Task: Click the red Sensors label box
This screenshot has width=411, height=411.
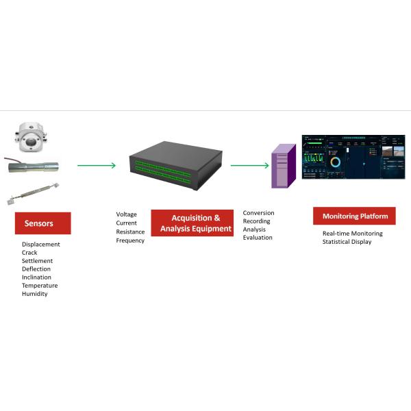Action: click(x=42, y=223)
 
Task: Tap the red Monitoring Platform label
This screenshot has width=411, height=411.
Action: click(x=354, y=216)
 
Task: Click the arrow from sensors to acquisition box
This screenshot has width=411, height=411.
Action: click(x=96, y=165)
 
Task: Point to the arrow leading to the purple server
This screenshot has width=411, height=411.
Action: click(x=249, y=165)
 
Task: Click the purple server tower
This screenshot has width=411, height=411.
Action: click(x=283, y=166)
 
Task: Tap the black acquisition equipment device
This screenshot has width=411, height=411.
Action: click(x=176, y=165)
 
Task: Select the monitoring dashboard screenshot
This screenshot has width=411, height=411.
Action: click(x=353, y=157)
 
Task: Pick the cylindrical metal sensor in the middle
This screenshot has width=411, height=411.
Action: click(x=32, y=166)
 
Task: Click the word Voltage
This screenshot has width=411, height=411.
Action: click(x=127, y=214)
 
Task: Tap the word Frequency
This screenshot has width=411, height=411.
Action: click(x=130, y=240)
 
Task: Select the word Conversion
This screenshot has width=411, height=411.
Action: click(x=258, y=213)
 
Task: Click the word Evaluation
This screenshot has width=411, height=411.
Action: click(x=258, y=238)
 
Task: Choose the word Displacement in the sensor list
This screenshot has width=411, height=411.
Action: click(x=40, y=245)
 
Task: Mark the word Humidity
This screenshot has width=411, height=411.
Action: click(x=35, y=294)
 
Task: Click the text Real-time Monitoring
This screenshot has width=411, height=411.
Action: click(x=352, y=234)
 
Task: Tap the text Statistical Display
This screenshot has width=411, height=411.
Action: click(x=347, y=242)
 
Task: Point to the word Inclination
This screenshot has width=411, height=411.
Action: click(x=36, y=277)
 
